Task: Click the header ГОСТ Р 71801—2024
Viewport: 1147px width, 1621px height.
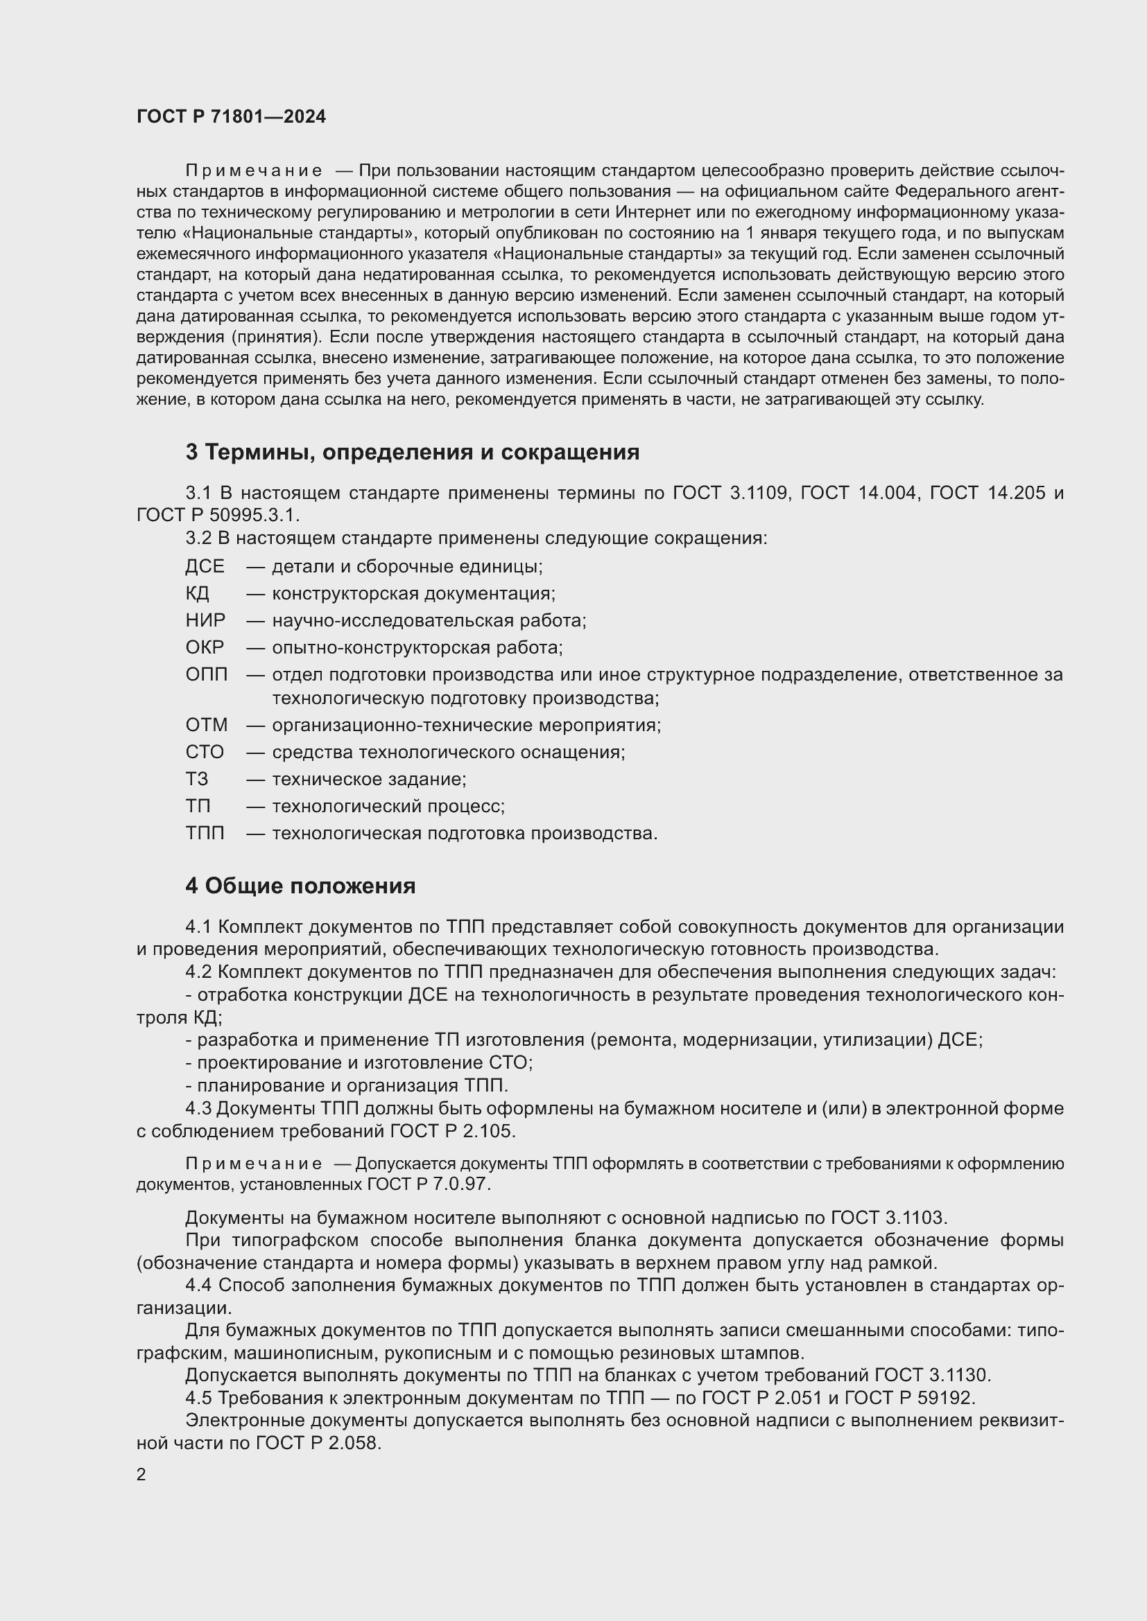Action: (231, 116)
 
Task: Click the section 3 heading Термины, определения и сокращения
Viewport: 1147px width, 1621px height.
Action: (413, 452)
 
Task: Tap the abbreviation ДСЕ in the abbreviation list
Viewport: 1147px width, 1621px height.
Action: (205, 566)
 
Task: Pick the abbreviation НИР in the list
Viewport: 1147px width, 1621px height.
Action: (205, 620)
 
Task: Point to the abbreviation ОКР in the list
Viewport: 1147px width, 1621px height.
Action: (205, 647)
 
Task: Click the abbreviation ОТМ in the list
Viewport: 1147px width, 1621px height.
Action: (206, 725)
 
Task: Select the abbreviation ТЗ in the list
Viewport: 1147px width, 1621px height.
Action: (197, 779)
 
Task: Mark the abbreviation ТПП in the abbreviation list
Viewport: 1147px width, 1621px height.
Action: (205, 833)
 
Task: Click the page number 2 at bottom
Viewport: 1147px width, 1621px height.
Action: (141, 1475)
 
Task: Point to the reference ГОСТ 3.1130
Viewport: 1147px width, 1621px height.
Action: (932, 1374)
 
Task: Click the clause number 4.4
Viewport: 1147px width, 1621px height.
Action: (199, 1284)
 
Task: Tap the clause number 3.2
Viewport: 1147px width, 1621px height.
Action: (198, 538)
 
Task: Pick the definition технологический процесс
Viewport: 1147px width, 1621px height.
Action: (388, 805)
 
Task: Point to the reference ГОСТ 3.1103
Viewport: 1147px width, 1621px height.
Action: (888, 1216)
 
